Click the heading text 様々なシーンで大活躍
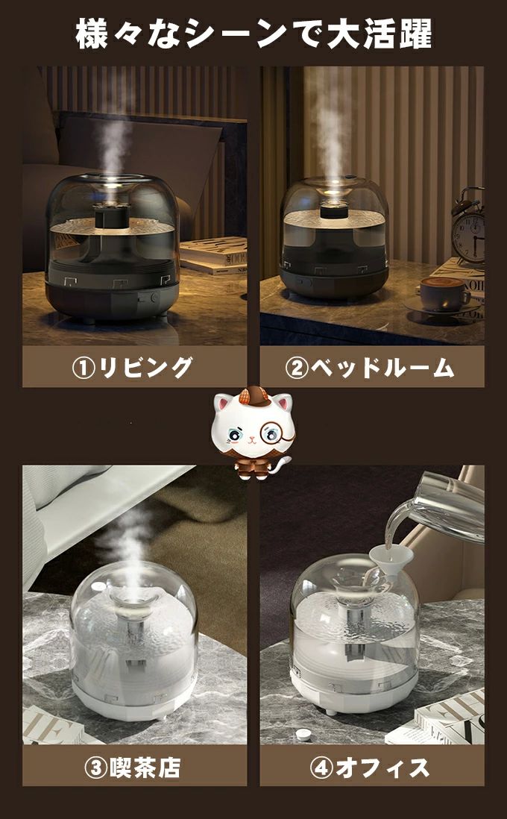[253, 34]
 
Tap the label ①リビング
[132, 367]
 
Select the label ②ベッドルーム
[370, 368]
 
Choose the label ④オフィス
[370, 768]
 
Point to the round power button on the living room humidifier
[154, 297]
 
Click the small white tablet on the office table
[303, 735]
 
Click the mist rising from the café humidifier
[125, 548]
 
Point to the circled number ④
[320, 768]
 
